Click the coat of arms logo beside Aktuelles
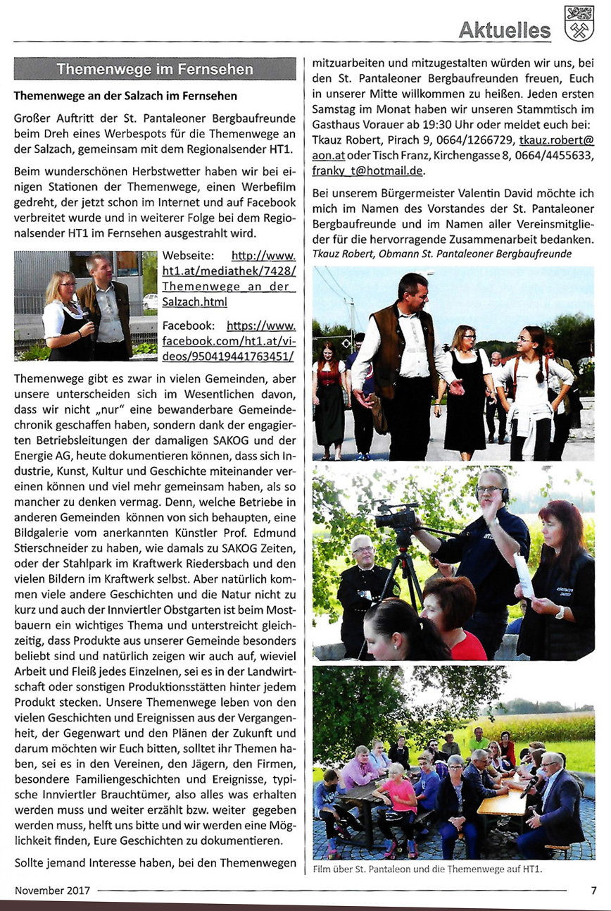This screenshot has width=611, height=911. click(579, 24)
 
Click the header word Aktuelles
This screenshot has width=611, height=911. click(505, 30)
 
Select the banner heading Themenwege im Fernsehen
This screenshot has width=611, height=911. click(155, 69)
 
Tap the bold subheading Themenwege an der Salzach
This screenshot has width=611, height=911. click(125, 95)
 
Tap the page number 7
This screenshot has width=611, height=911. click(593, 890)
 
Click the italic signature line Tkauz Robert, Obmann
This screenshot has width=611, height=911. click(441, 254)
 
